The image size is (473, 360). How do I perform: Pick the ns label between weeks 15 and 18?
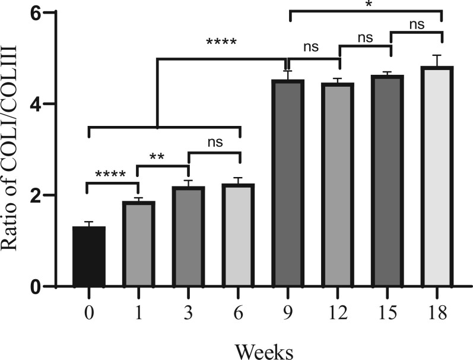tap(415, 25)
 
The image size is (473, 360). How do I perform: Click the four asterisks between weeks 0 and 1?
tap(110, 175)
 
